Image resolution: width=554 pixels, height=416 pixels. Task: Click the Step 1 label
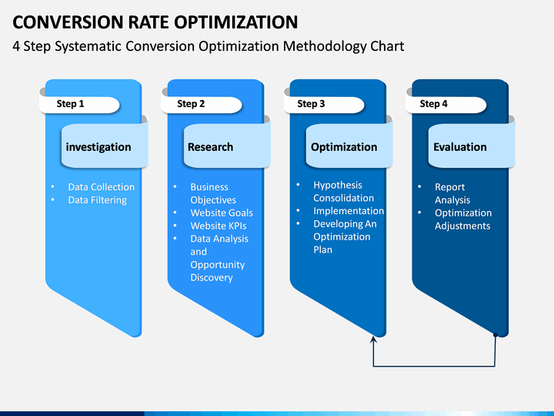(x=71, y=104)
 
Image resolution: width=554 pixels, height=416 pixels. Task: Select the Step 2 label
(x=191, y=104)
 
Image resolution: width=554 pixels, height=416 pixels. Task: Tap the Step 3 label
(x=311, y=104)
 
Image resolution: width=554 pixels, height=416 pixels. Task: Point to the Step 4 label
(x=433, y=104)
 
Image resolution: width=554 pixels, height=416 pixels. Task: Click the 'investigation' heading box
(x=98, y=147)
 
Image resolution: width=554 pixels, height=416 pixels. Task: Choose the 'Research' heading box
(x=210, y=147)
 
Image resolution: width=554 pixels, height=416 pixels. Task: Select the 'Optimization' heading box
(x=344, y=147)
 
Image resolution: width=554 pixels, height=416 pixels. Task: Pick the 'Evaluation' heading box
(x=459, y=147)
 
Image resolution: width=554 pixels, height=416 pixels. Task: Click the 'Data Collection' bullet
(x=101, y=187)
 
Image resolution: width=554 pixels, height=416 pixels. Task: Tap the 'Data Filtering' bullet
(x=97, y=200)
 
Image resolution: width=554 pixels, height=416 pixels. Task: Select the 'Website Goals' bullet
(x=222, y=213)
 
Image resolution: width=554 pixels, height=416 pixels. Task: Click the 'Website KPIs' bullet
(x=219, y=226)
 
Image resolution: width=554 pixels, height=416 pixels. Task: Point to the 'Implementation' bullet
(x=349, y=211)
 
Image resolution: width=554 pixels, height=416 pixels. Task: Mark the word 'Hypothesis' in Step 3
(x=337, y=185)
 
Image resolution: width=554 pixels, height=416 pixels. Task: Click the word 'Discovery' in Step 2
(x=212, y=277)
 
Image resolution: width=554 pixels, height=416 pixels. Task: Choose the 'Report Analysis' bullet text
(x=452, y=193)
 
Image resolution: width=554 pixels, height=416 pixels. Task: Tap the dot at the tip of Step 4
(x=496, y=335)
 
